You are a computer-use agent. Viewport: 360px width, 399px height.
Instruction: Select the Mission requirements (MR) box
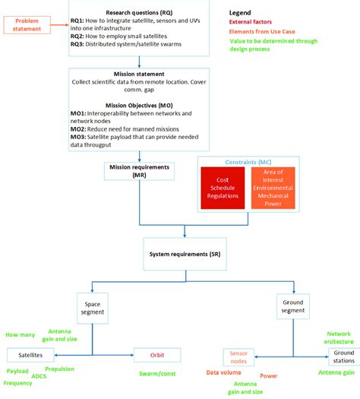click(140, 171)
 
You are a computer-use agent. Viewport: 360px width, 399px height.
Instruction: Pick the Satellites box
click(30, 355)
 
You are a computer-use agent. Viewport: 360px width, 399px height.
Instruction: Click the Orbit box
click(157, 355)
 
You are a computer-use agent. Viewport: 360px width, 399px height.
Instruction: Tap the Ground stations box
click(343, 356)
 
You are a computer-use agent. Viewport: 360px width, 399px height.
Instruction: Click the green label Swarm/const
click(157, 375)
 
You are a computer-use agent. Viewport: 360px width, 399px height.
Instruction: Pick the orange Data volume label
click(223, 373)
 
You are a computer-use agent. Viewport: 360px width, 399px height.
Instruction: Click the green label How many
click(20, 335)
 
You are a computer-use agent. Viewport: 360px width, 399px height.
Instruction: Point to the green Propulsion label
click(59, 369)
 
